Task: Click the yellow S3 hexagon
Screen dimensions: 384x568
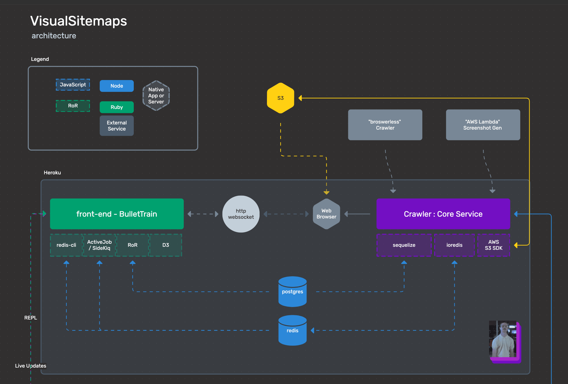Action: pyautogui.click(x=280, y=98)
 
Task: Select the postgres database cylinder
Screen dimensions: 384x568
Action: pyautogui.click(x=292, y=291)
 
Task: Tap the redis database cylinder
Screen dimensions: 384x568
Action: pyautogui.click(x=292, y=330)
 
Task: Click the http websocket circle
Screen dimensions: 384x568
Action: pyautogui.click(x=241, y=214)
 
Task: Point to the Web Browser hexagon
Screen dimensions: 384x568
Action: pyautogui.click(x=326, y=214)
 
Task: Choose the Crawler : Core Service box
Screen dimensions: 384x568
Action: pyautogui.click(x=443, y=214)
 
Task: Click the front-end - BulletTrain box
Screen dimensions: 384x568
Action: pyautogui.click(x=117, y=214)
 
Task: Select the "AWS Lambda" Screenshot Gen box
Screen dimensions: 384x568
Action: pyautogui.click(x=483, y=125)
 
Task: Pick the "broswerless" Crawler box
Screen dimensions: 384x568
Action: pyautogui.click(x=385, y=125)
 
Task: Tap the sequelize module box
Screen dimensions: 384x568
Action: pyautogui.click(x=404, y=245)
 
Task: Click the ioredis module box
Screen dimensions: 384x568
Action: pyautogui.click(x=454, y=245)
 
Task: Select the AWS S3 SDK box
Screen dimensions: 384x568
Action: pyautogui.click(x=493, y=245)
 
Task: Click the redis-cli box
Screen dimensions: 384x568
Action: pyautogui.click(x=66, y=245)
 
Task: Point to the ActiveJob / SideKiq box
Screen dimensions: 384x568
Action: pyautogui.click(x=99, y=245)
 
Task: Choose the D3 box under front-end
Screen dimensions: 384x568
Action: pyautogui.click(x=165, y=245)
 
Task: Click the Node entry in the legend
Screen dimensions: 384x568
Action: pyautogui.click(x=117, y=86)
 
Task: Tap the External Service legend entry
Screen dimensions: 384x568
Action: pyautogui.click(x=117, y=126)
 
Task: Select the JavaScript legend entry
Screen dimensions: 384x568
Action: pyautogui.click(x=73, y=85)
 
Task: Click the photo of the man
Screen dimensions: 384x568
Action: pyautogui.click(x=503, y=339)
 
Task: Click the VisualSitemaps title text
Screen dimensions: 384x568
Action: pyautogui.click(x=79, y=21)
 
